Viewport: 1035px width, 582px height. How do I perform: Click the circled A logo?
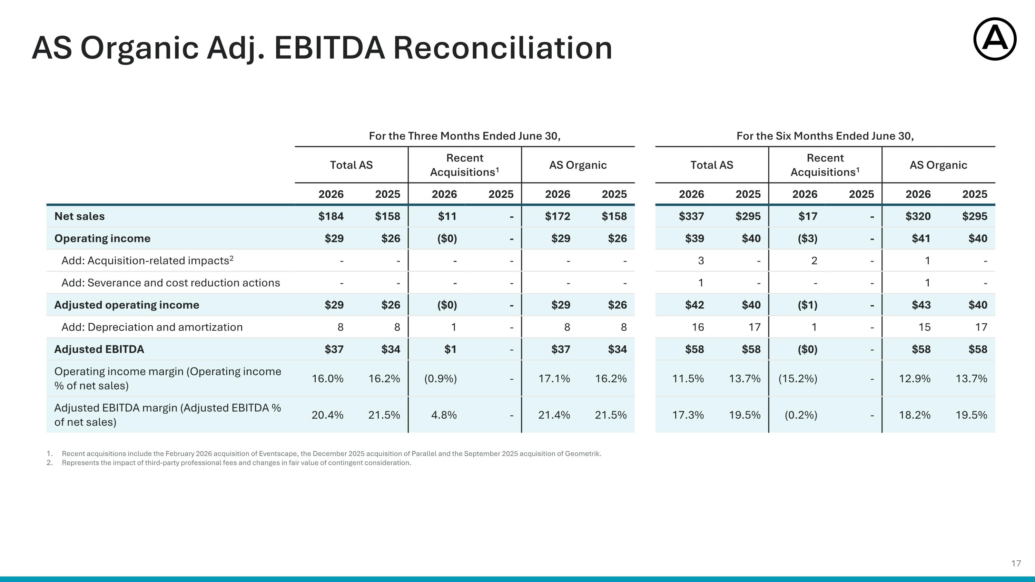tap(995, 39)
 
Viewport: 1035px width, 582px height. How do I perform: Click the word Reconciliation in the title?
tap(503, 48)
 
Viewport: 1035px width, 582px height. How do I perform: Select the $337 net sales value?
tap(691, 216)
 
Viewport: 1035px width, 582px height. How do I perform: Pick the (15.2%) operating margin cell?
tap(798, 378)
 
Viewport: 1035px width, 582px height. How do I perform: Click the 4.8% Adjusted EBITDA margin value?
tap(444, 415)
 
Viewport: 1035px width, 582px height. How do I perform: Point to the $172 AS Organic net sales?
tap(557, 216)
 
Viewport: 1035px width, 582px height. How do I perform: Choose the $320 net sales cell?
tap(918, 216)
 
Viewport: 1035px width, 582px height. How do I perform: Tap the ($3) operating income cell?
tap(808, 238)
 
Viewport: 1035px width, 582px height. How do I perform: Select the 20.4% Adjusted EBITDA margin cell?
tap(327, 415)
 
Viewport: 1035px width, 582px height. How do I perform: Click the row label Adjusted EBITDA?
tap(99, 349)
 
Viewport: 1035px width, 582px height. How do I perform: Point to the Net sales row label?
tap(80, 216)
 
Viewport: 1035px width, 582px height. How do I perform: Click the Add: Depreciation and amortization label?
tap(152, 327)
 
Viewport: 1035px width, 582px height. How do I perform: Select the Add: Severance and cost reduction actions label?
tap(171, 283)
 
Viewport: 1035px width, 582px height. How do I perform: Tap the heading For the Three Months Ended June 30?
tap(464, 136)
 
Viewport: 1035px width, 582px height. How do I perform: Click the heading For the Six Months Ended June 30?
tap(825, 136)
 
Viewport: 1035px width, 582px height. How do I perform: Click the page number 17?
tap(1016, 563)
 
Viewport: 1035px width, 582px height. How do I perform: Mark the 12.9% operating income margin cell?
tap(915, 378)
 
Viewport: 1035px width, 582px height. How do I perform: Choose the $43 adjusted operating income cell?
tap(921, 305)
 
